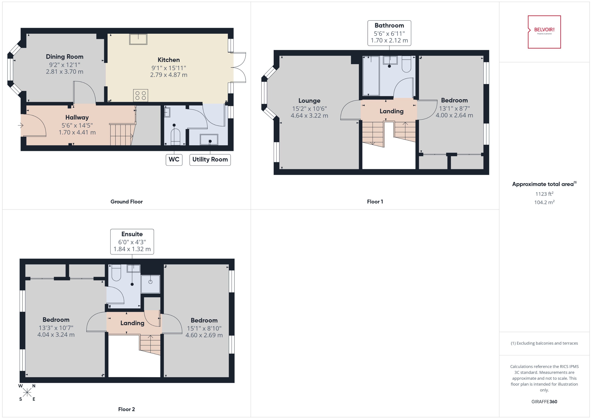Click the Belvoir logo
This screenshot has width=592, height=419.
coord(544,32)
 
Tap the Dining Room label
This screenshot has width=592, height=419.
coord(65,56)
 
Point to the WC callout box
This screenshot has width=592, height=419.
coord(174,159)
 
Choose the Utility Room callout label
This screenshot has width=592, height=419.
coord(210,159)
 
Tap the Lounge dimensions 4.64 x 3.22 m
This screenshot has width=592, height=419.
coord(309,116)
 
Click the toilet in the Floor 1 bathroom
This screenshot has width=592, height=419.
coord(406,65)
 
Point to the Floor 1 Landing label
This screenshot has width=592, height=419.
coord(391,111)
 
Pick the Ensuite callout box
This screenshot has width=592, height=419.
coord(132,242)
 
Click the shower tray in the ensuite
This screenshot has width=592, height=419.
coord(150,284)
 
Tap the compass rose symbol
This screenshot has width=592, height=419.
coord(27,393)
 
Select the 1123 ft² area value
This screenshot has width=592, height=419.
coord(544,194)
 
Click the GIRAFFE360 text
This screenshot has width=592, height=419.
coord(544,401)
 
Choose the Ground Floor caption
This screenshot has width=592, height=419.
coord(126,202)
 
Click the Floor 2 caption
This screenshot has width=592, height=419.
coord(126,409)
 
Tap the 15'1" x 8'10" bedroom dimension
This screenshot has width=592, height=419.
coord(204,328)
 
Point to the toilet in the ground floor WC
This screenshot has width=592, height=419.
coord(175,137)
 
